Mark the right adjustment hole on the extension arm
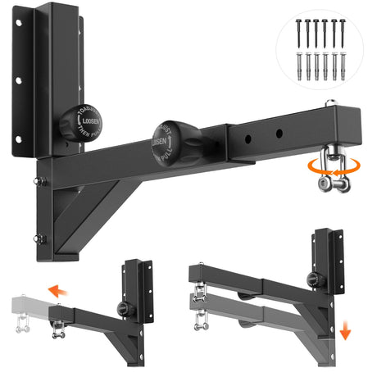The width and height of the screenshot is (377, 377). coord(280,131)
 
